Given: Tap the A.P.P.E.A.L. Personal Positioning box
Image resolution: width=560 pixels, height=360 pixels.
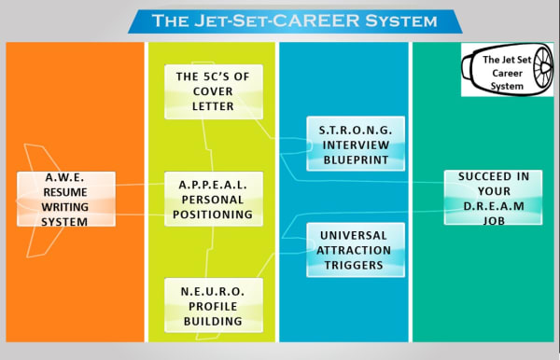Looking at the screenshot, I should [213, 199].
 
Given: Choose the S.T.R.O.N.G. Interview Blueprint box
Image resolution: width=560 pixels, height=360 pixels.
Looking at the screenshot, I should [356, 142].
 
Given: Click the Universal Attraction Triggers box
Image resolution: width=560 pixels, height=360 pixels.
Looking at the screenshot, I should [356, 250].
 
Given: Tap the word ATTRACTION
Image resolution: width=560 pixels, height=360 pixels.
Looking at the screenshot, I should [356, 250].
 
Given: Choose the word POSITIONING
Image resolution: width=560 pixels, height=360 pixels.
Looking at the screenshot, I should [213, 215].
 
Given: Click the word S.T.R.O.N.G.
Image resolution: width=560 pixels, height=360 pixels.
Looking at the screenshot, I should [356, 126].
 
